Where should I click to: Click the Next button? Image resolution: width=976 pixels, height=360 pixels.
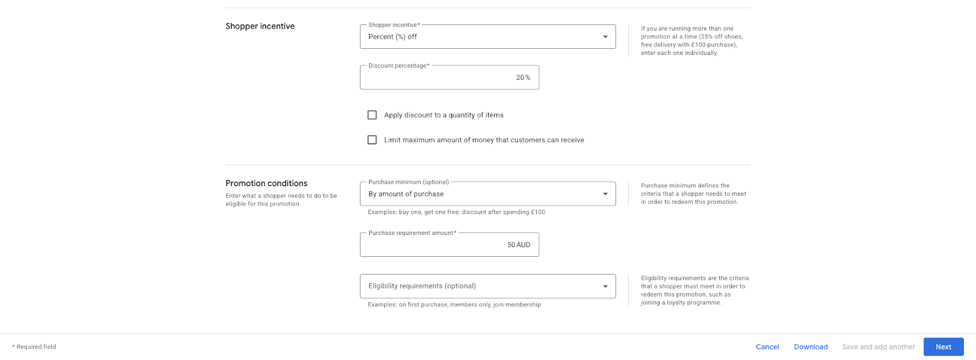tap(943, 347)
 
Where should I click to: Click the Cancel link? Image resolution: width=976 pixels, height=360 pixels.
tap(767, 347)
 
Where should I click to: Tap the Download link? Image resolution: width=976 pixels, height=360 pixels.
tap(811, 347)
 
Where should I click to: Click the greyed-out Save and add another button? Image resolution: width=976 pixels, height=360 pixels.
tap(878, 347)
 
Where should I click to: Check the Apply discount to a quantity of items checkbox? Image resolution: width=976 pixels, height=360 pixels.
tap(372, 115)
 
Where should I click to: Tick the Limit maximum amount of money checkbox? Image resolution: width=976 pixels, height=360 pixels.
tap(372, 140)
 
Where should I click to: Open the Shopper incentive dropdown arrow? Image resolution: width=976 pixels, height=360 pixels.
tap(605, 37)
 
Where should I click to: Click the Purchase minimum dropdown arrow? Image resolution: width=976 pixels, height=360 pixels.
tap(605, 194)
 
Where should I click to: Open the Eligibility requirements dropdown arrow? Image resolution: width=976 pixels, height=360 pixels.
tap(605, 286)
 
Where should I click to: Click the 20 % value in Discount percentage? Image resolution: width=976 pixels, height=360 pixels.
tap(523, 77)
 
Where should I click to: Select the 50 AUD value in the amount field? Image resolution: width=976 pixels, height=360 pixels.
tap(518, 245)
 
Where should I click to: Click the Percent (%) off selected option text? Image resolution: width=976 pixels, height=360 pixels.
tap(393, 37)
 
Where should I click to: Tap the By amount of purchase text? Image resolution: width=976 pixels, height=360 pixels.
tap(406, 194)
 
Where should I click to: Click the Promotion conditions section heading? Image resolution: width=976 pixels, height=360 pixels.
tap(267, 183)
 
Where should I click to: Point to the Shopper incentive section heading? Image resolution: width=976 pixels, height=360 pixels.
tap(260, 26)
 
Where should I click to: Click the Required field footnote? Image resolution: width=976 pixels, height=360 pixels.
tap(34, 347)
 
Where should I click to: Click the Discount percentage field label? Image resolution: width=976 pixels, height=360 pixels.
tap(398, 66)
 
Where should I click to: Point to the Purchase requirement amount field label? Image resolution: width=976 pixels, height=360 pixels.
tap(412, 233)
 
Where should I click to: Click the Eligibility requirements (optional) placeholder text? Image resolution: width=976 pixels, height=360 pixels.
tap(422, 286)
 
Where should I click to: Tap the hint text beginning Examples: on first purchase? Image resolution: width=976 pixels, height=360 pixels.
tap(454, 304)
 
